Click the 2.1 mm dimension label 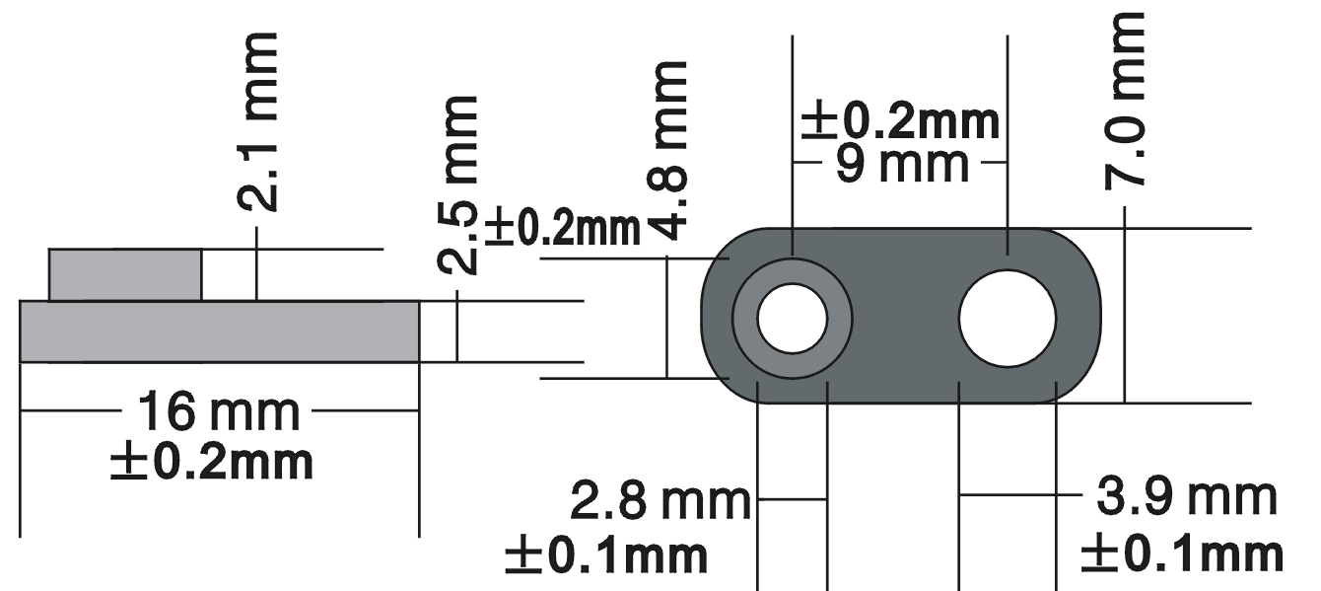click(x=257, y=122)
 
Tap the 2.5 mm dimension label click(x=457, y=185)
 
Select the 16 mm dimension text click(x=219, y=411)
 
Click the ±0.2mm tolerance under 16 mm click(x=212, y=463)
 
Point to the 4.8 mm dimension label click(x=668, y=151)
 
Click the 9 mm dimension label click(x=903, y=165)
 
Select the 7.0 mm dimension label click(x=1124, y=101)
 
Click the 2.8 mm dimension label click(x=660, y=501)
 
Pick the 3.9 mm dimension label click(x=1187, y=497)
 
